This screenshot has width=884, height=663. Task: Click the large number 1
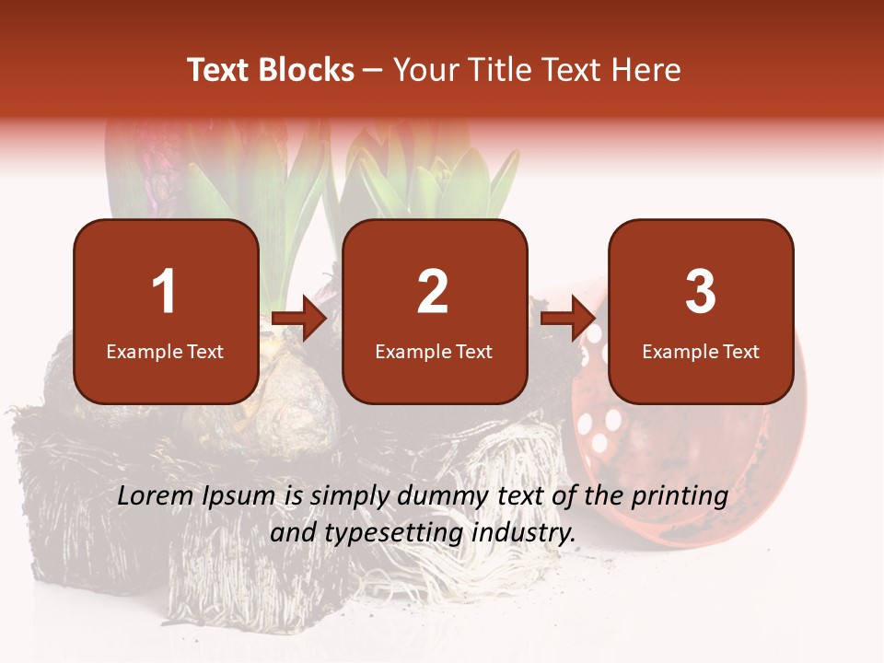click(x=164, y=292)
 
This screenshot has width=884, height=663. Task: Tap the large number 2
click(x=433, y=292)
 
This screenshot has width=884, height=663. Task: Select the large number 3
click(x=701, y=292)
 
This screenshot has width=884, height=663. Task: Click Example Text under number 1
click(x=165, y=352)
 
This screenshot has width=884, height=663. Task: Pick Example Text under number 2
click(x=434, y=352)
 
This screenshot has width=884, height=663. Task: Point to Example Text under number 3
click(x=701, y=352)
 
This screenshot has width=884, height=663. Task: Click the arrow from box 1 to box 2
click(x=300, y=319)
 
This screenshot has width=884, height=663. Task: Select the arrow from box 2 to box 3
click(x=568, y=319)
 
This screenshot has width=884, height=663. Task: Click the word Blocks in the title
click(x=306, y=70)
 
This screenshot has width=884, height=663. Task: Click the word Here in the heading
click(x=648, y=70)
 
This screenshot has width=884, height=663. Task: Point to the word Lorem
click(x=156, y=496)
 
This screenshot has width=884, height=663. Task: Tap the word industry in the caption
click(x=524, y=532)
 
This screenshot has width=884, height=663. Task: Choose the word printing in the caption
click(x=682, y=496)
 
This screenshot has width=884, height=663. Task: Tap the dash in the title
click(x=373, y=71)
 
